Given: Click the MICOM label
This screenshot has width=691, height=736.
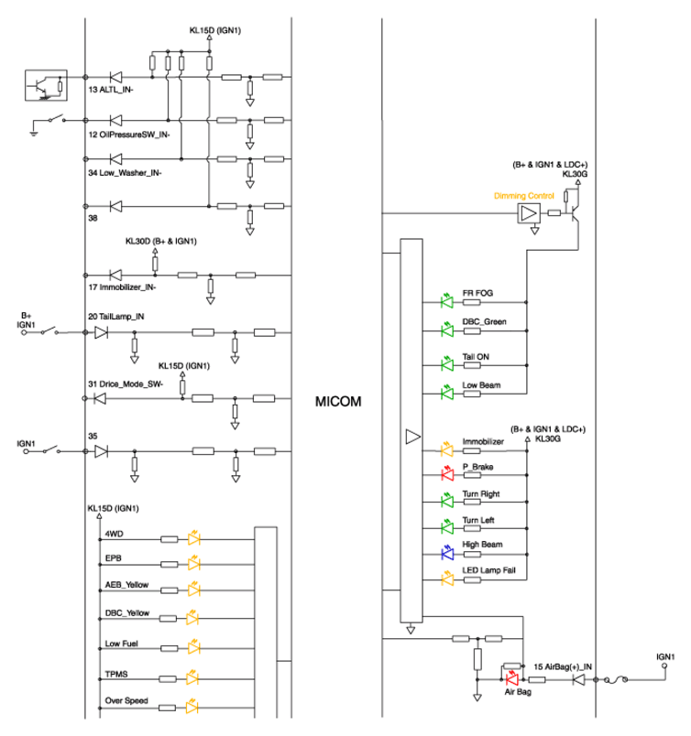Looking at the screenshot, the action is pyautogui.click(x=338, y=402).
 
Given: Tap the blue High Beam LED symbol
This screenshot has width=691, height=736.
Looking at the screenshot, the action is pyautogui.click(x=447, y=554).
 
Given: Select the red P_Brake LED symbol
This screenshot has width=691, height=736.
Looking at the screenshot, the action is pyautogui.click(x=447, y=474).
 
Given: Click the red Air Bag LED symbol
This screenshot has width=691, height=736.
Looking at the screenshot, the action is pyautogui.click(x=511, y=678).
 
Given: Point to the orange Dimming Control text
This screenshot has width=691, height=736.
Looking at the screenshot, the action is pyautogui.click(x=523, y=196).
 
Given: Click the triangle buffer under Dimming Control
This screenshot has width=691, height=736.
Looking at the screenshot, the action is pyautogui.click(x=529, y=213).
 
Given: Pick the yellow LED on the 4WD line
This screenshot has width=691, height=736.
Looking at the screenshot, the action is pyautogui.click(x=193, y=538).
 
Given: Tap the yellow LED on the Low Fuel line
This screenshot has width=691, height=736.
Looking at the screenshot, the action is pyautogui.click(x=193, y=647).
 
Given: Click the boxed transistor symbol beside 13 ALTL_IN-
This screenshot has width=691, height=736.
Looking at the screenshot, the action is pyautogui.click(x=46, y=85).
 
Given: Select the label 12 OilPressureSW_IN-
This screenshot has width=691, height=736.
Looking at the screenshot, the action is pyautogui.click(x=129, y=135).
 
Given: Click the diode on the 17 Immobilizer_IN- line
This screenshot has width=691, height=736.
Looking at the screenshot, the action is pyautogui.click(x=115, y=275).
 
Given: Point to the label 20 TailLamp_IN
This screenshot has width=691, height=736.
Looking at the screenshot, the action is pyautogui.click(x=116, y=317).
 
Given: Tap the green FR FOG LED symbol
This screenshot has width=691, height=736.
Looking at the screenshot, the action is pyautogui.click(x=447, y=301).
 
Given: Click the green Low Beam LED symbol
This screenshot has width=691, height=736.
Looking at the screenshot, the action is pyautogui.click(x=447, y=393).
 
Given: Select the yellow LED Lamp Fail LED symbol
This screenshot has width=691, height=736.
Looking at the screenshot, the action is pyautogui.click(x=447, y=579).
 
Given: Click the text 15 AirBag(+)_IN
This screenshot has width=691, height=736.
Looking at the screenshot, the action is pyautogui.click(x=563, y=666).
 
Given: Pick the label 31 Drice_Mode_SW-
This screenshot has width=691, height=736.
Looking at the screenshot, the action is pyautogui.click(x=126, y=384).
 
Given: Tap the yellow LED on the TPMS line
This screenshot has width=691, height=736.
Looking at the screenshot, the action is pyautogui.click(x=192, y=678).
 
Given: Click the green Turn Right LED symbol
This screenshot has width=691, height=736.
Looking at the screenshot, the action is pyautogui.click(x=447, y=501).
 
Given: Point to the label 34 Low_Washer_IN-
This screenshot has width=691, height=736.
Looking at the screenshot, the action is pyautogui.click(x=125, y=173).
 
